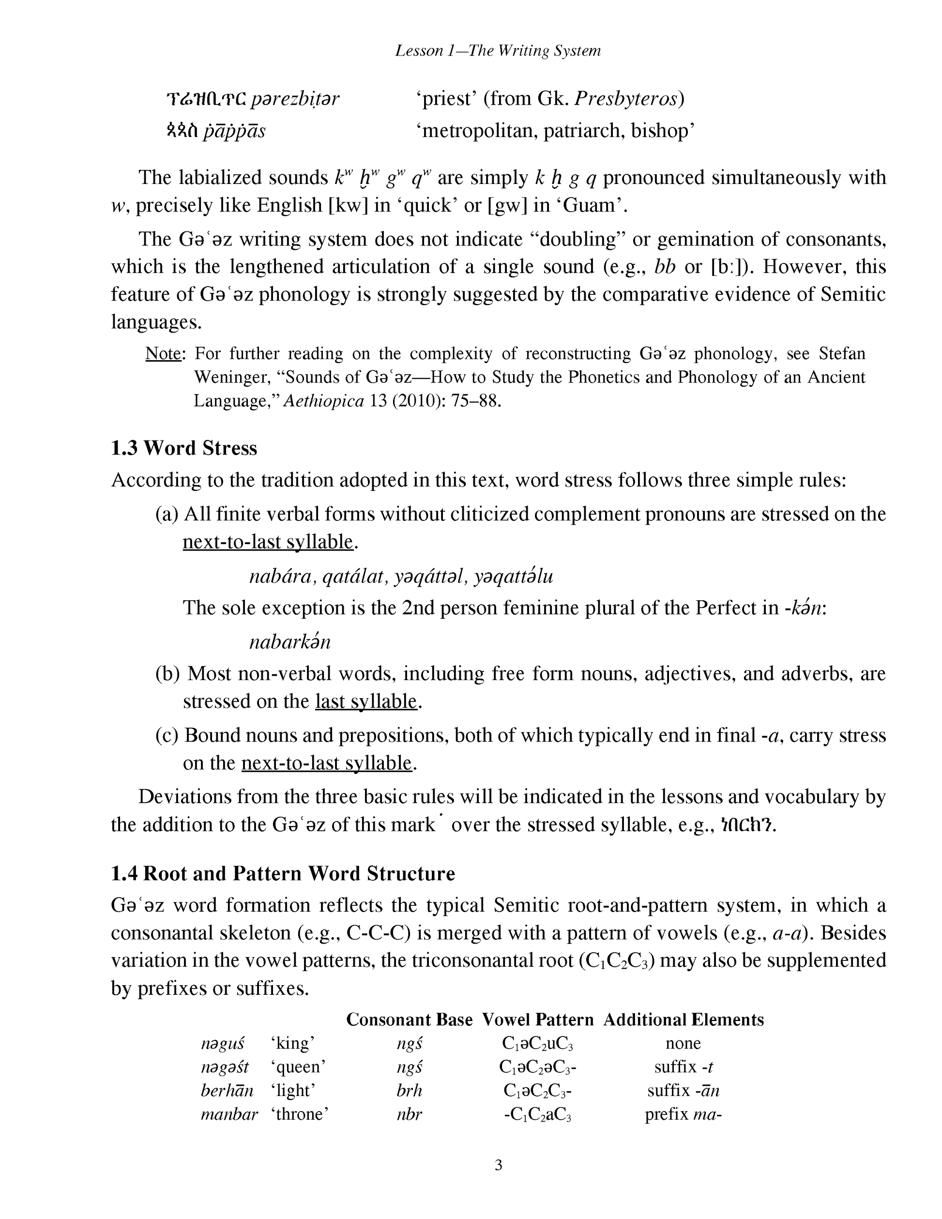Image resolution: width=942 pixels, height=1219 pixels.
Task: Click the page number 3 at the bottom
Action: tap(498, 1165)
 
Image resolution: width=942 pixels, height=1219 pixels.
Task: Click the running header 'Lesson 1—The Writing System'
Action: tap(498, 51)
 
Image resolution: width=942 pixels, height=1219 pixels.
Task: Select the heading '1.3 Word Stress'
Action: tap(183, 448)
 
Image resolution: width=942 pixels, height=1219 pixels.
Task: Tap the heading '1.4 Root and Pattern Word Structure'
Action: tap(282, 873)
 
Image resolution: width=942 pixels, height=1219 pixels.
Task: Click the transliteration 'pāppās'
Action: tap(234, 131)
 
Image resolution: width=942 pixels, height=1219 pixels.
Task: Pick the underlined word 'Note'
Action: tap(163, 353)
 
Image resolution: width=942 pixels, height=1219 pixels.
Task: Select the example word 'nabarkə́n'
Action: tap(289, 641)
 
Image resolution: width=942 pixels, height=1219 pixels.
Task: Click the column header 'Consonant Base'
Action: tap(409, 1020)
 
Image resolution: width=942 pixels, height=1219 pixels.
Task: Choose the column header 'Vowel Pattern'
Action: tap(537, 1020)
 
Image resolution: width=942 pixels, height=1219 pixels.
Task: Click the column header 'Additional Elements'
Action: tap(683, 1020)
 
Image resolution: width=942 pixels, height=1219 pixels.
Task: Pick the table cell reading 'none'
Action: tap(683, 1043)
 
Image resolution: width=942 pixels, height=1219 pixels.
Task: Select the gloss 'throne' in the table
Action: tap(299, 1114)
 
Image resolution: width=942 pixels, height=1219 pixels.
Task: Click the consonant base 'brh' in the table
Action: tap(409, 1091)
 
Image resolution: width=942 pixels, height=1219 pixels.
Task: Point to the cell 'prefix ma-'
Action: tap(683, 1114)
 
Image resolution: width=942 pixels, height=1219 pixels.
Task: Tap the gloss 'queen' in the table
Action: tap(298, 1067)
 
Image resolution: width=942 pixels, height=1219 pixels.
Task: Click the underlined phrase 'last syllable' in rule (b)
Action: tap(366, 701)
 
